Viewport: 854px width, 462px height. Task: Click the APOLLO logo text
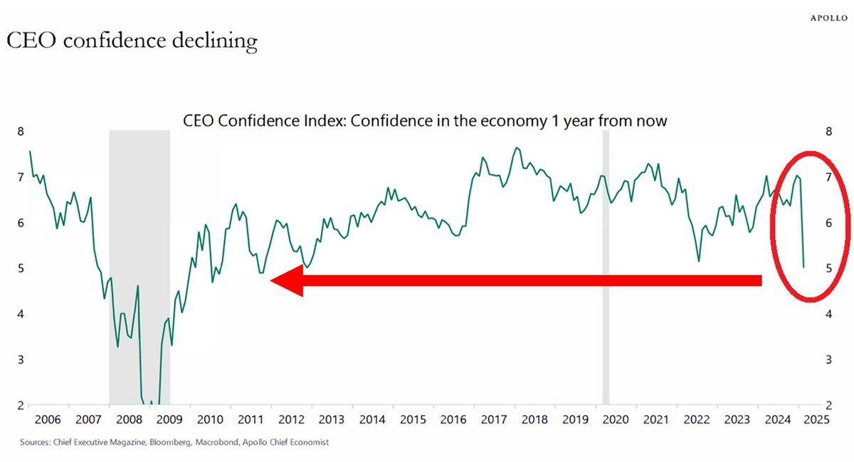pyautogui.click(x=829, y=18)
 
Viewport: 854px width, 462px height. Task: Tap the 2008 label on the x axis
pyautogui.click(x=128, y=419)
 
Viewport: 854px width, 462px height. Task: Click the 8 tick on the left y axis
pyautogui.click(x=21, y=132)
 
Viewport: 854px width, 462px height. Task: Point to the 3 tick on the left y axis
pyautogui.click(x=21, y=359)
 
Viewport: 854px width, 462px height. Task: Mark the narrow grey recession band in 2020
pyautogui.click(x=606, y=271)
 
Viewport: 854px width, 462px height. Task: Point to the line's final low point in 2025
pyautogui.click(x=803, y=268)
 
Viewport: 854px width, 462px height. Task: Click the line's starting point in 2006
pyautogui.click(x=29, y=152)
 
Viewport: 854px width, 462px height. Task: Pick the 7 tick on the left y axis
pyautogui.click(x=21, y=177)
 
